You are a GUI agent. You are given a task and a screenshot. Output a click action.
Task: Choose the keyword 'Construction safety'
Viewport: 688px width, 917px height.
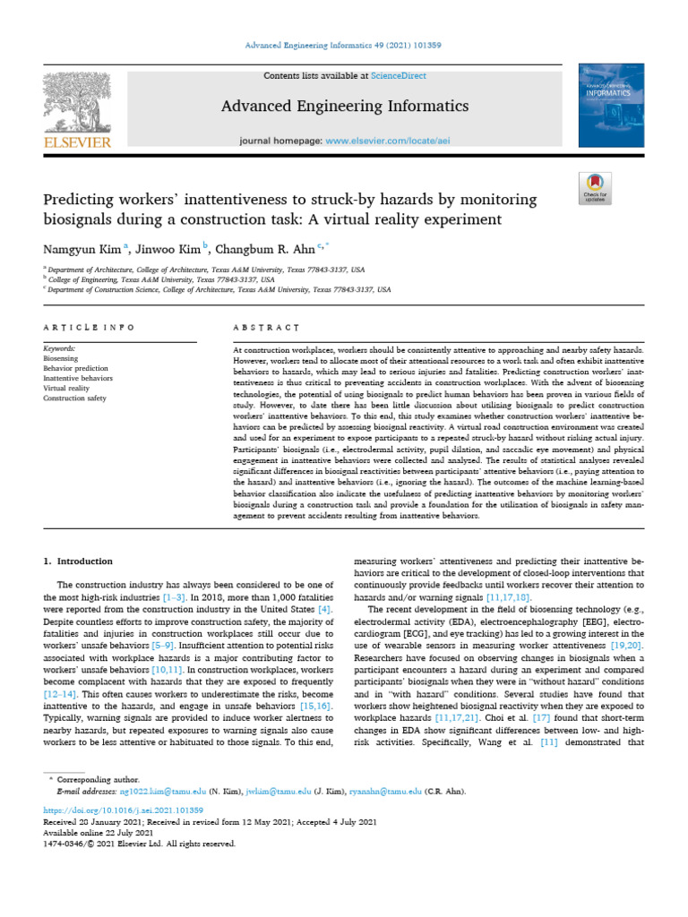pos(78,398)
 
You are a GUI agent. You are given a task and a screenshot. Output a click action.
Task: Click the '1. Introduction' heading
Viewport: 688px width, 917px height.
pos(79,561)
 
